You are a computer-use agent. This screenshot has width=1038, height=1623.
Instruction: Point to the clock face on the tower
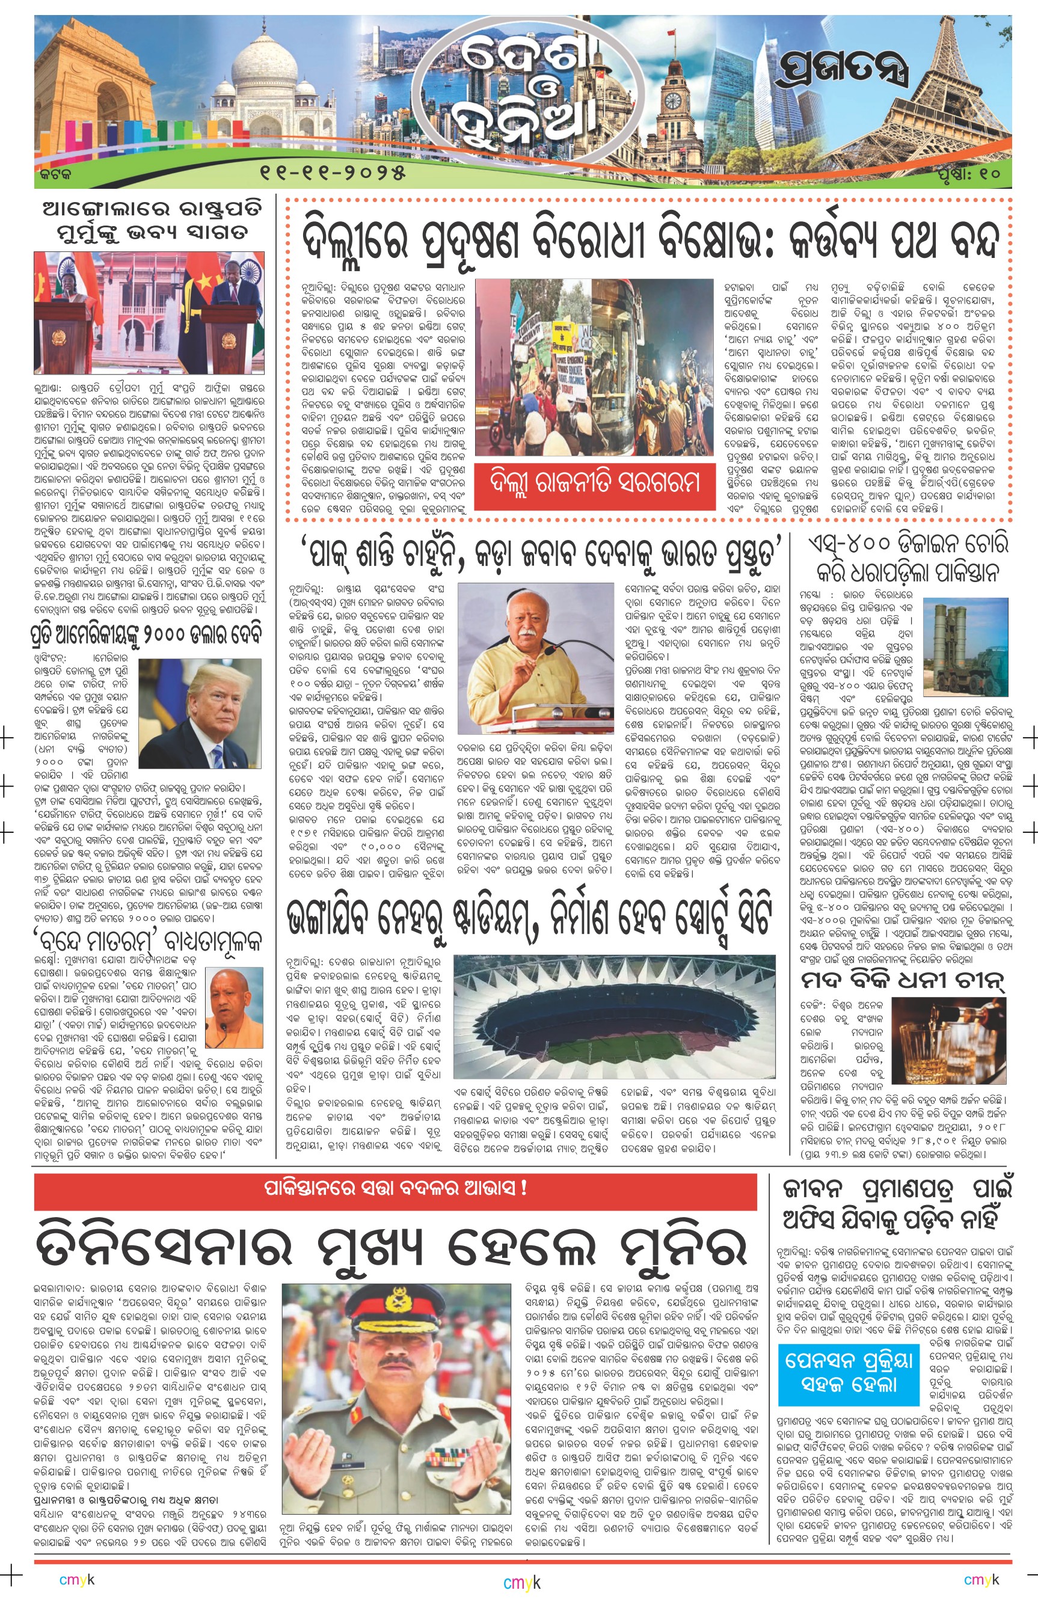[673, 101]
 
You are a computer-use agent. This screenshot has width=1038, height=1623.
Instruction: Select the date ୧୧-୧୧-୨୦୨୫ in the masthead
[333, 173]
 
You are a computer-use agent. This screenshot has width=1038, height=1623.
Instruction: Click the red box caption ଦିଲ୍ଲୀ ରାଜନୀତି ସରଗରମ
[595, 483]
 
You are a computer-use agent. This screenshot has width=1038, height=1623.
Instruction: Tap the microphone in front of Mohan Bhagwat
[547, 651]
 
